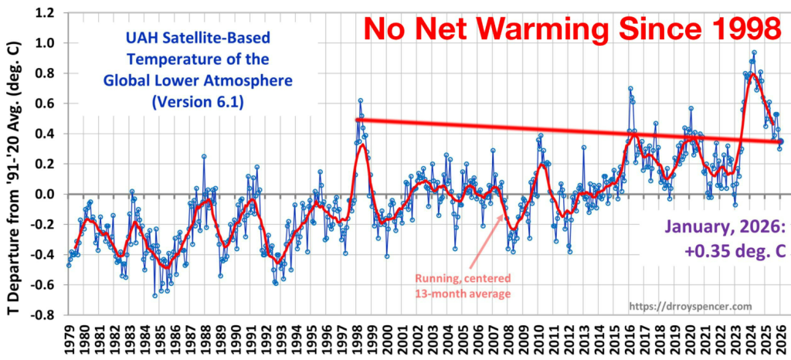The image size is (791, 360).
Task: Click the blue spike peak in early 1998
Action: tap(360, 100)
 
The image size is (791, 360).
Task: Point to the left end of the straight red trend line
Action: tap(357, 119)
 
